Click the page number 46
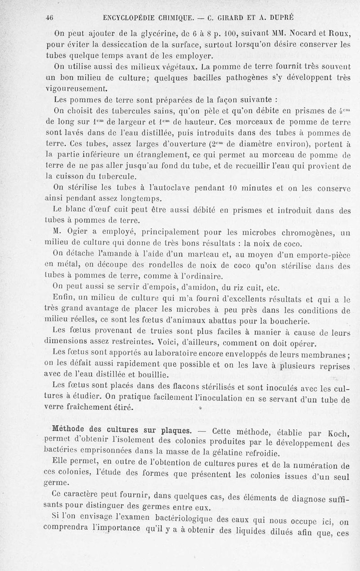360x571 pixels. [x=50, y=18]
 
